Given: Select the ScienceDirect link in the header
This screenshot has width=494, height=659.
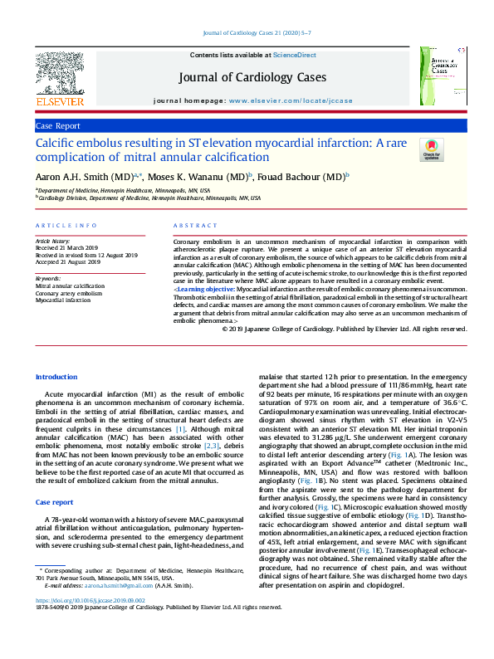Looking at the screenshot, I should coord(296,55).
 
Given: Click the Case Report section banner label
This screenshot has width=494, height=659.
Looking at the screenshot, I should coord(58,126).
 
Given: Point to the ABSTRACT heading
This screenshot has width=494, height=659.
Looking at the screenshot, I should coord(195,226).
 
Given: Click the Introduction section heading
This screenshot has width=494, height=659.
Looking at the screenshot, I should coord(56,377).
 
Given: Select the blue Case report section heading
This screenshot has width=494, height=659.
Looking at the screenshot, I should coord(55,503).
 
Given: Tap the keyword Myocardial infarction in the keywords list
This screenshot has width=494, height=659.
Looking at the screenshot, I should coord(64,300).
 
